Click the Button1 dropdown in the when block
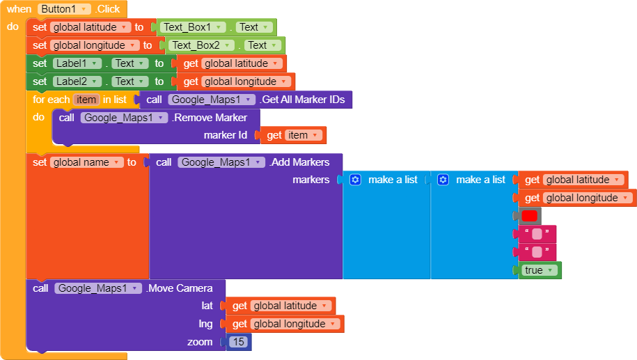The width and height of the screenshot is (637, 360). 64,9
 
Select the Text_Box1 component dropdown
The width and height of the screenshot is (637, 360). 193,27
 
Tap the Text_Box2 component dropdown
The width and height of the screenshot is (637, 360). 201,45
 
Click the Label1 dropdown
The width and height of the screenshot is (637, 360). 77,63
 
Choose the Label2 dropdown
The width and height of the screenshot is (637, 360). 77,81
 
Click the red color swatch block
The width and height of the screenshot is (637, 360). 529,216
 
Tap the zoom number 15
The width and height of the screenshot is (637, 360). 239,342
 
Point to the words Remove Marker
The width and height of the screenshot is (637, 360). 210,118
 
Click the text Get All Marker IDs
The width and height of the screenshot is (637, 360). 304,100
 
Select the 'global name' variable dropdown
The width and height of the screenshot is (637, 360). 86,162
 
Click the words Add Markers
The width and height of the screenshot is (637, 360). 300,162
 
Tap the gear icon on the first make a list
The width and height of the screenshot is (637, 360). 355,180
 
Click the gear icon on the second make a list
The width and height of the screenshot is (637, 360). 443,180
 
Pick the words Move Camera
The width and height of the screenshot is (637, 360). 180,288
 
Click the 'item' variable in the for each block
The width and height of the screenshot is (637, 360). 86,100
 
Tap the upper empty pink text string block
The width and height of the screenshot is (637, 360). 537,234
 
